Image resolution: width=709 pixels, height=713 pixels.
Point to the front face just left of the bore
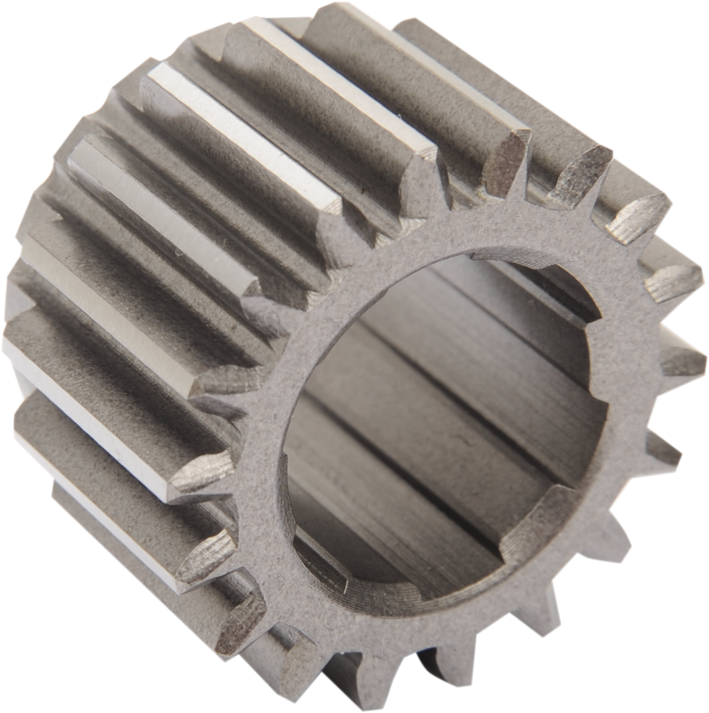[266, 423]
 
